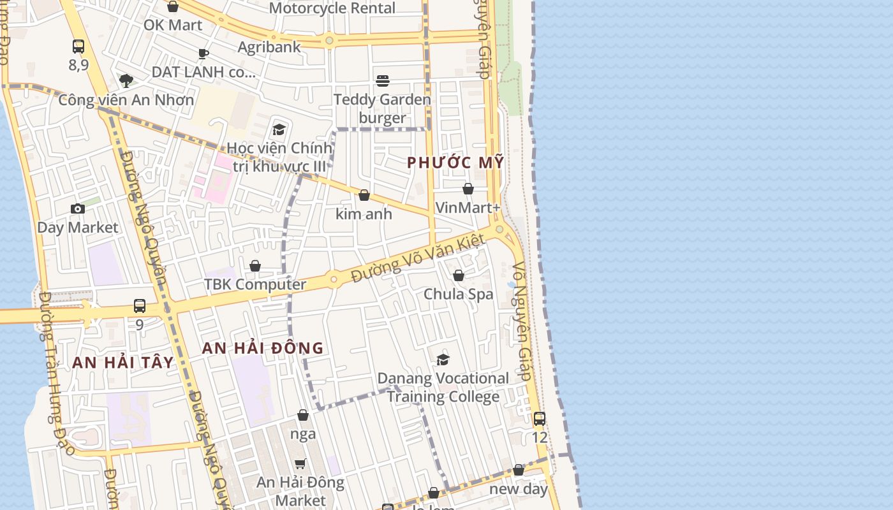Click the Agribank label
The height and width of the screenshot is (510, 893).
coord(269,47)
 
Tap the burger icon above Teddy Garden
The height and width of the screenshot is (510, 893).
coord(383,81)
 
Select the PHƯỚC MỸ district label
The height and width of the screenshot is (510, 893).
coord(455,163)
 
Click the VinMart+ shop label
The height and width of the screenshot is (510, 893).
coord(468,208)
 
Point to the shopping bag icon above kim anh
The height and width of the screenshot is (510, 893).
coord(364,195)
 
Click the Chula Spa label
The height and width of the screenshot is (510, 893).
coord(459,294)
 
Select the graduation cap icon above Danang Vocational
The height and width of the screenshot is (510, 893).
coord(443,360)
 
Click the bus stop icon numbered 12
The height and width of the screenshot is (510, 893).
coord(540,419)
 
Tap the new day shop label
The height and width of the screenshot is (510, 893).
coord(519,489)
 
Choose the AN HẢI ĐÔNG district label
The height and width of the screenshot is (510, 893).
coord(263,348)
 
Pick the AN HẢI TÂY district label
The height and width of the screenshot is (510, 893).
coord(122,363)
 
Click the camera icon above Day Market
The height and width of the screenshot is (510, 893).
coord(78,208)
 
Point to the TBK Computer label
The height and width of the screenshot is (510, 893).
coord(255,284)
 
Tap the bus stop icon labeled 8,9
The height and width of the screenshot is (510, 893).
coord(78,47)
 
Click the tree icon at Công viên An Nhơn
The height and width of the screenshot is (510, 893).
coord(126,81)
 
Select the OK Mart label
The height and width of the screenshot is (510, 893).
coord(173,25)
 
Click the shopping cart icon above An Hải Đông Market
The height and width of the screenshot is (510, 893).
coord(300,463)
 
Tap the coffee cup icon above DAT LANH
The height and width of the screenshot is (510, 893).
coord(203,54)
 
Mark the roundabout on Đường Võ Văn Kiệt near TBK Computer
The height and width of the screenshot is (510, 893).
coord(333,279)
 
